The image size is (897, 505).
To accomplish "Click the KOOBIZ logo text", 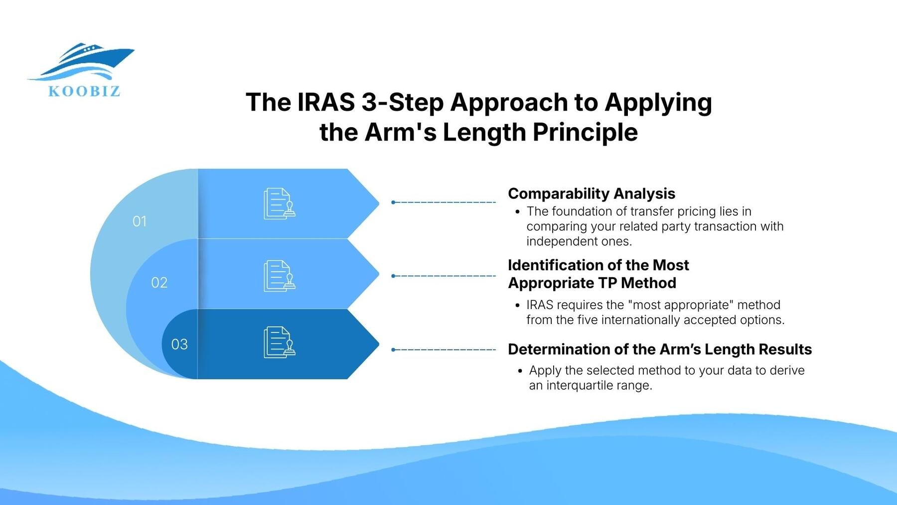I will pyautogui.click(x=84, y=91).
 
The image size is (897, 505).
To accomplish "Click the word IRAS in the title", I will pyautogui.click(x=326, y=102).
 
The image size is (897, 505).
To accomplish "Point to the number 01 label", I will pyautogui.click(x=140, y=221).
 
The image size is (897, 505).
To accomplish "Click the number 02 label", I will pyautogui.click(x=159, y=283).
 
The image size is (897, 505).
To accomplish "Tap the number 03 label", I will pyautogui.click(x=179, y=344).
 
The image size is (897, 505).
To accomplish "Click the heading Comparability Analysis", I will pyautogui.click(x=591, y=193).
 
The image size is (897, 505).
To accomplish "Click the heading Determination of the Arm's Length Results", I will pyautogui.click(x=659, y=349).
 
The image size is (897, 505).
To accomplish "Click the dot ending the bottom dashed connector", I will pyautogui.click(x=393, y=350).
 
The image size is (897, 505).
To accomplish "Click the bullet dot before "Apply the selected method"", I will pyautogui.click(x=520, y=371).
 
